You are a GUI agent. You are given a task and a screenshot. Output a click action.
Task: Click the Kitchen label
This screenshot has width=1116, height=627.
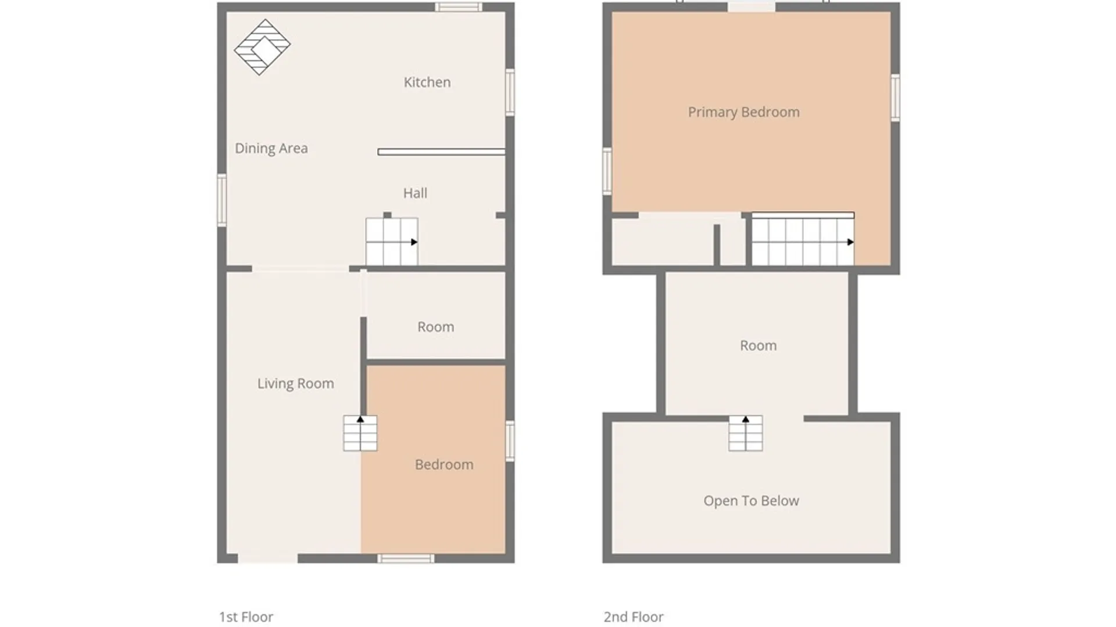(x=427, y=82)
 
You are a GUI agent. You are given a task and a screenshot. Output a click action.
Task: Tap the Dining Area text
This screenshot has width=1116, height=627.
(x=271, y=149)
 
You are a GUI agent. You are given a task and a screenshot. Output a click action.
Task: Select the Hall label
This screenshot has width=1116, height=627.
(x=415, y=193)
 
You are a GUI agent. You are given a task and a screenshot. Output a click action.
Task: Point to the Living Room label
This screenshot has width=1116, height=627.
(x=296, y=384)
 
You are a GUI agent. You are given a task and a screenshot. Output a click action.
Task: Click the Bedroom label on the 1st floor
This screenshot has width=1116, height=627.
(x=444, y=464)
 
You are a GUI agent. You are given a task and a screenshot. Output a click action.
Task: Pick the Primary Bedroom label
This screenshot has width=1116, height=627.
(x=744, y=113)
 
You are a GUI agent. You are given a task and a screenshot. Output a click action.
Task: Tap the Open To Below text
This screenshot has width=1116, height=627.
(x=751, y=501)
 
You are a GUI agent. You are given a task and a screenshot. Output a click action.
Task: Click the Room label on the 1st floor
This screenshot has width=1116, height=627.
(x=436, y=327)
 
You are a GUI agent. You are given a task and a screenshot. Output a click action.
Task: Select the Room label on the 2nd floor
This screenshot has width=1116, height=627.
(x=758, y=345)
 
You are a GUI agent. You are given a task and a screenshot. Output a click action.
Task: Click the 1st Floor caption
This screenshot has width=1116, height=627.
(x=246, y=617)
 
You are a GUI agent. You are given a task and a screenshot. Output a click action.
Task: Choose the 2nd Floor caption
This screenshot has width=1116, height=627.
(x=634, y=617)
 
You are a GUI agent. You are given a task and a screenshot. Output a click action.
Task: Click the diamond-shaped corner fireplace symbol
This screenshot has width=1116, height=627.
(x=262, y=48)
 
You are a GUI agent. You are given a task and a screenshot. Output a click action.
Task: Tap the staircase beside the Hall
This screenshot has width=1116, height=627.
(x=392, y=242)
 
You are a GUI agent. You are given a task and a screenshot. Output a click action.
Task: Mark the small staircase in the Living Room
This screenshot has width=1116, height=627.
(x=360, y=433)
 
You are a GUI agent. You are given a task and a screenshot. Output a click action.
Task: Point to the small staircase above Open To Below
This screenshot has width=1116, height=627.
(x=746, y=433)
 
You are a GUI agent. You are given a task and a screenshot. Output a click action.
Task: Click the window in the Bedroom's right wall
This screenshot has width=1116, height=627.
(x=510, y=441)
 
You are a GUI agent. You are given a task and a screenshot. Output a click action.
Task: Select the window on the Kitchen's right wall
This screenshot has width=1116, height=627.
(x=510, y=92)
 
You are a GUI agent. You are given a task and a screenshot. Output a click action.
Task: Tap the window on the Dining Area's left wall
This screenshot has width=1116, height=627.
(x=221, y=200)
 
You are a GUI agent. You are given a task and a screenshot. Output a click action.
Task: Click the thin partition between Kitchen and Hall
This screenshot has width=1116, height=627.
(x=441, y=152)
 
